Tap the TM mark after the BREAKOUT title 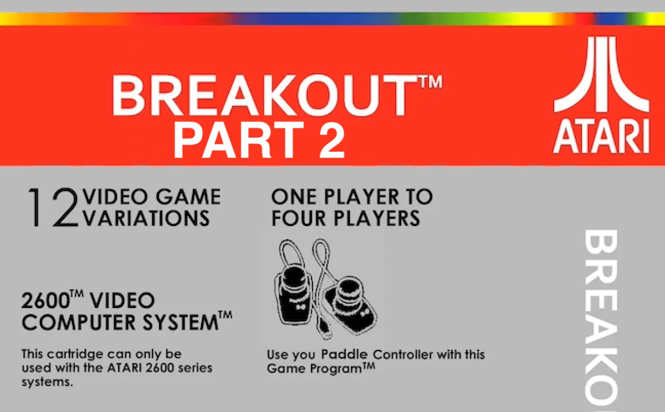(x=432, y=81)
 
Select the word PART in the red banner (x=238, y=140)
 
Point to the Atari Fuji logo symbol (x=601, y=74)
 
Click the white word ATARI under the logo (x=601, y=136)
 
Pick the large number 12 (x=53, y=207)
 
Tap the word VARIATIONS (x=146, y=218)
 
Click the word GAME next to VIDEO (x=188, y=197)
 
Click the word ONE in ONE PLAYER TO (x=294, y=197)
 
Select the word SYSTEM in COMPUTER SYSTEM (x=181, y=322)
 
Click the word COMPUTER (x=79, y=322)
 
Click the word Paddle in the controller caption (x=344, y=354)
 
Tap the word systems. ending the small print (x=47, y=382)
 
